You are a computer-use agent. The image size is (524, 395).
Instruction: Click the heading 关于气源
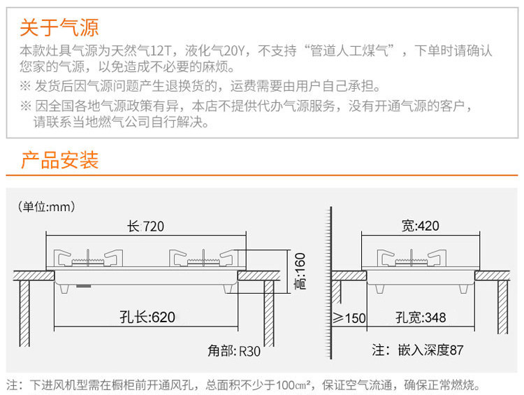tap(59, 28)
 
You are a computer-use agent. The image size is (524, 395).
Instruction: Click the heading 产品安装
tap(59, 160)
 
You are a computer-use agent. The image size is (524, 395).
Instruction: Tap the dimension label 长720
tap(146, 227)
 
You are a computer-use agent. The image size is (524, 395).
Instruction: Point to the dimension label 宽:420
tap(420, 226)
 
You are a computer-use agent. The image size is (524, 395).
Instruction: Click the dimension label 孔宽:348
tap(420, 318)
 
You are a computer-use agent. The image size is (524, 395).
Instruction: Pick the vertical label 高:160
tap(300, 272)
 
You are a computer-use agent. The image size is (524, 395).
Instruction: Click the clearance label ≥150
tap(349, 318)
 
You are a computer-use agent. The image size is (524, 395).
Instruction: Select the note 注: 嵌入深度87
tap(417, 350)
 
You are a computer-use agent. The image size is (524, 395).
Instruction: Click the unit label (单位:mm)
tap(46, 207)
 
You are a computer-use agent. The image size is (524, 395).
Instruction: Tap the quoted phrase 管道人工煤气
tap(356, 51)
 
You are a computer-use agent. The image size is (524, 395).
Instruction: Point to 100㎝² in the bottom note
tap(291, 385)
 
